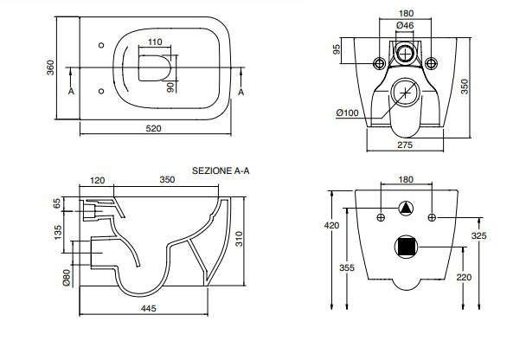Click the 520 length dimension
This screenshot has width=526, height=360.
pos(154,129)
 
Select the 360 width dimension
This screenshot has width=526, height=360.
pos(51,67)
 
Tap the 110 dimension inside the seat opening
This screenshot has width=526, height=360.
pos(154,42)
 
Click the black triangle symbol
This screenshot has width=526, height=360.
pos(407,209)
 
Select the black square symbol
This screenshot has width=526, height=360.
pos(407,247)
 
